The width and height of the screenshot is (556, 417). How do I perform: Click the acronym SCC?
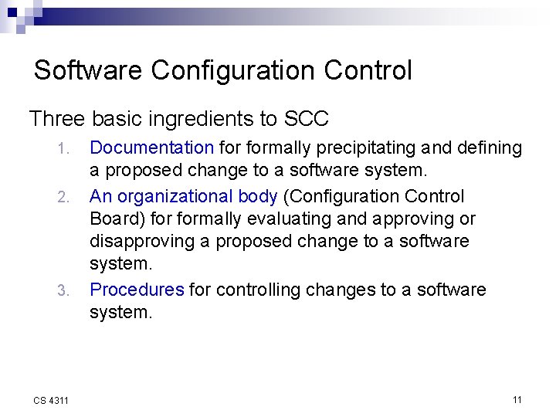coord(307,119)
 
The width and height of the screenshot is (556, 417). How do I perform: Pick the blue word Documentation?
coord(152,147)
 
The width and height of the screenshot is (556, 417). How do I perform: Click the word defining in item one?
coord(491,147)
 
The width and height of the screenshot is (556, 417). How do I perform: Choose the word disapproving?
coord(142,242)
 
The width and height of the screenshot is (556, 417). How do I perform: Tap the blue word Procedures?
coord(137,290)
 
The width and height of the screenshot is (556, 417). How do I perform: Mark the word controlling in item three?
coord(257,290)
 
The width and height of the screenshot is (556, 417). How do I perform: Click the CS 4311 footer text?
coord(51,400)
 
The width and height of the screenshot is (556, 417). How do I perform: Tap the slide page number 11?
coord(517,399)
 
